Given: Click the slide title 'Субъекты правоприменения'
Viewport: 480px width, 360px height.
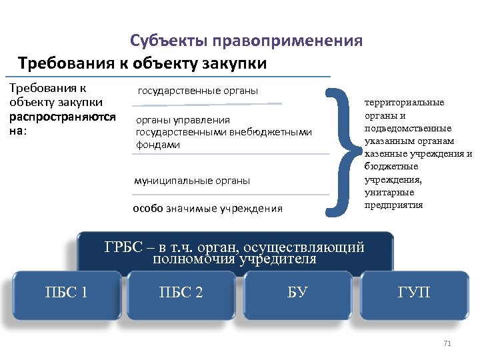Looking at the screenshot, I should pos(246,41).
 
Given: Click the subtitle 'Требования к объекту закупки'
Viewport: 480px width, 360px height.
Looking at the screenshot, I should pos(143,64).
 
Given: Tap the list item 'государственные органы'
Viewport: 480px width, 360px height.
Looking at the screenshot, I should pos(197,91).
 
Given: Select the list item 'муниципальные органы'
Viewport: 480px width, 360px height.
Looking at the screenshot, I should pos(192,181).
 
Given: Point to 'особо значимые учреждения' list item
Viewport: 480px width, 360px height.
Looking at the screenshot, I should pos(207,209).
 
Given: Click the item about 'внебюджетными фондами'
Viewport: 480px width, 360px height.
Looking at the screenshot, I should pos(223,132).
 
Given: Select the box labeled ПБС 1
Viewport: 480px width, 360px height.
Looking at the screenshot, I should pos(67,292).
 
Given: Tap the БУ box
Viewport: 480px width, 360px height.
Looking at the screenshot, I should pos(297,292).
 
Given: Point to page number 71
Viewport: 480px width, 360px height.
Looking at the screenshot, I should pos(447,343).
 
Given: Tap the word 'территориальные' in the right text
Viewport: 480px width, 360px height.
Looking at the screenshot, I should pos(403,103).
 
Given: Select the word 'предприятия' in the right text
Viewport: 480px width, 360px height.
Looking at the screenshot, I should pos(393,205).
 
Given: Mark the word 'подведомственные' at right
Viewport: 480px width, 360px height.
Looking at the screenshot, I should pos(407,128).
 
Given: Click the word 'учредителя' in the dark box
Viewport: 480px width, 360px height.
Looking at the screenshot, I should pos(281,259).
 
